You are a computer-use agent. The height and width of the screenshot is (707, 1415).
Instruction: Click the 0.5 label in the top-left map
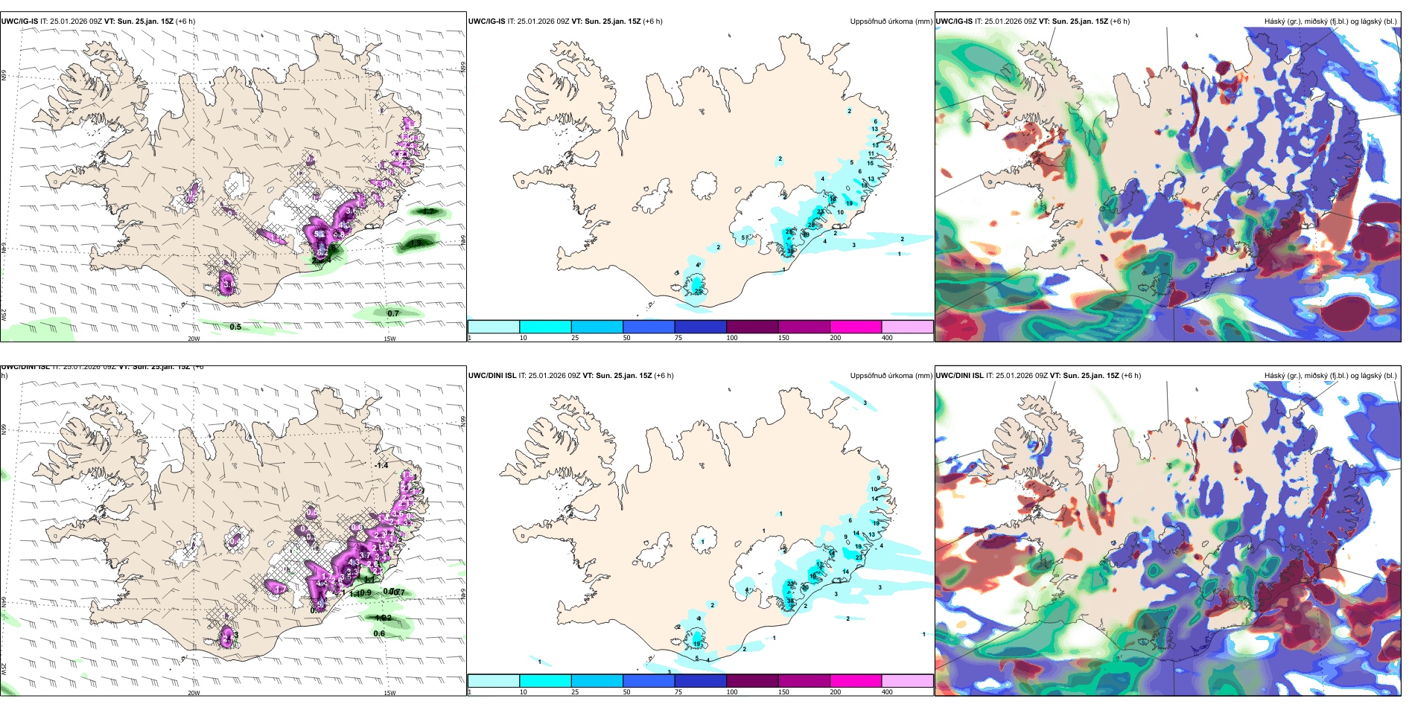coord(235,327)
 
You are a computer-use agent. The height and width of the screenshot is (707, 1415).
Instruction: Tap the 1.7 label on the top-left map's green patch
coord(429,212)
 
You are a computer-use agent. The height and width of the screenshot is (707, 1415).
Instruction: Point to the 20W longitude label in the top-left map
coord(194,339)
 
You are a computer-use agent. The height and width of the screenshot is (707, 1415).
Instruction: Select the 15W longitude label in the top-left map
coord(389,339)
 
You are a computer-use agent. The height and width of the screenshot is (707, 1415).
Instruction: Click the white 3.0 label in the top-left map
coord(229,284)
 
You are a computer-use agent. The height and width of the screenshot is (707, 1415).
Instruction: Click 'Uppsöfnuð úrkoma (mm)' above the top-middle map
coord(891,22)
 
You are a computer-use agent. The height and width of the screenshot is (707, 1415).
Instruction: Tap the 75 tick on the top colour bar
coord(678,338)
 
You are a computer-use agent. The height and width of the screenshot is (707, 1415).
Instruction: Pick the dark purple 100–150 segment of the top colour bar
coord(752,327)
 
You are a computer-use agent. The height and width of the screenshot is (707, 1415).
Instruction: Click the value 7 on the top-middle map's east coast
coord(884,138)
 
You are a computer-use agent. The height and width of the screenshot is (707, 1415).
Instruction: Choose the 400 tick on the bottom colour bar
coord(887,692)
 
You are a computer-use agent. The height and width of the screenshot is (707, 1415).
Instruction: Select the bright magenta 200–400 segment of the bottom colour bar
coord(856,681)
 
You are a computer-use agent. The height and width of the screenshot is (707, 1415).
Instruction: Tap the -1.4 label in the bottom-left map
coord(382,465)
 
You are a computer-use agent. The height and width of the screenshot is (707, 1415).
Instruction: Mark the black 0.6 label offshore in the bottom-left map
coord(379,633)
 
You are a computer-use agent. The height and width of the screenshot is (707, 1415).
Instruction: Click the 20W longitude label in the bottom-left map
coord(194,693)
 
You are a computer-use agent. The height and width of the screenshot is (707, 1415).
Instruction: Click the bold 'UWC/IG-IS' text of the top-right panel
coord(954,22)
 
